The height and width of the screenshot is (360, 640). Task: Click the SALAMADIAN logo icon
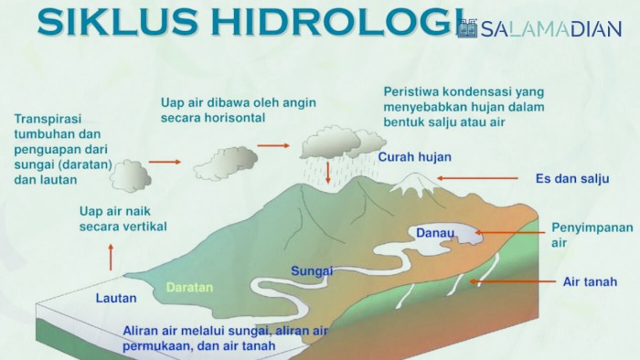coord(467,29)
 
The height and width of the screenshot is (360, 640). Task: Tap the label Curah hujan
coord(415,157)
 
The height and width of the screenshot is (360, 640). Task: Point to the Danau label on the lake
coord(435,233)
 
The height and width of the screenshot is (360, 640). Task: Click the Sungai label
coord(312,271)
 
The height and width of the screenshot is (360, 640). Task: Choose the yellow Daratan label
coord(189,287)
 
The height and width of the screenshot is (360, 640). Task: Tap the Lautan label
coord(116,298)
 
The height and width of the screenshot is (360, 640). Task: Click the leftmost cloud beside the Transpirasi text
coord(130,175)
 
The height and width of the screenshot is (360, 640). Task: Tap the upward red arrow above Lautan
coord(112,257)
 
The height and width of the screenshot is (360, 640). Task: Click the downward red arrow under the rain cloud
coord(327,171)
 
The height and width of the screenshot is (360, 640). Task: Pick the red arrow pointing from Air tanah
coord(513,282)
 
